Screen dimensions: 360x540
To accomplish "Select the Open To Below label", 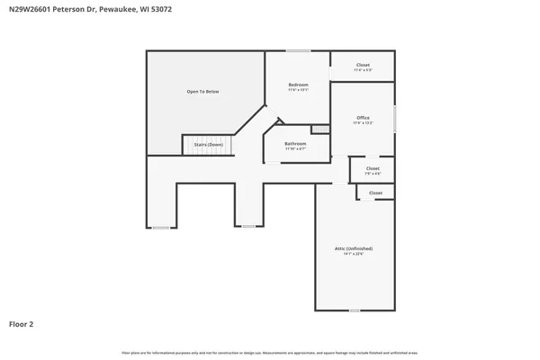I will pyautogui.click(x=202, y=92).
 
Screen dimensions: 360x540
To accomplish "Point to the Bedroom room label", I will pyautogui.click(x=298, y=85).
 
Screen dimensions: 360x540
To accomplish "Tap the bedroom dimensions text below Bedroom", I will pyautogui.click(x=298, y=90).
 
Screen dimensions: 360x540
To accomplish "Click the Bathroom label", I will pyautogui.click(x=295, y=144).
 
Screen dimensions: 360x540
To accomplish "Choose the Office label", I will pyautogui.click(x=363, y=118).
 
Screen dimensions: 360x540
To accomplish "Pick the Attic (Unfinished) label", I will pyautogui.click(x=354, y=248).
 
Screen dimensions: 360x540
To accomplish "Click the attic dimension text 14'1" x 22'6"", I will pyautogui.click(x=354, y=254).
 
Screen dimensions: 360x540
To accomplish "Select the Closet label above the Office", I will pyautogui.click(x=363, y=65).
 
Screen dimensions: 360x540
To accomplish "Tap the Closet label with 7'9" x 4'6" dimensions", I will pyautogui.click(x=373, y=168).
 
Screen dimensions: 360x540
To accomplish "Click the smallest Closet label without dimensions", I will pyautogui.click(x=375, y=193).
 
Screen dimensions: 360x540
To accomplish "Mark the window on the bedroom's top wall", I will pyautogui.click(x=298, y=50).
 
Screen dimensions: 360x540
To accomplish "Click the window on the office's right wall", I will pyautogui.click(x=395, y=119).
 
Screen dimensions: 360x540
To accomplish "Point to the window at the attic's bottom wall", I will pyautogui.click(x=354, y=310).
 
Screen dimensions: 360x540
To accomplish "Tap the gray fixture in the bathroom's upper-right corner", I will pyautogui.click(x=320, y=130).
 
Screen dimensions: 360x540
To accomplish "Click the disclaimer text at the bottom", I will pyautogui.click(x=270, y=352).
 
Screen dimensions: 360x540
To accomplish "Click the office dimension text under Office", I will pyautogui.click(x=363, y=123).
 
